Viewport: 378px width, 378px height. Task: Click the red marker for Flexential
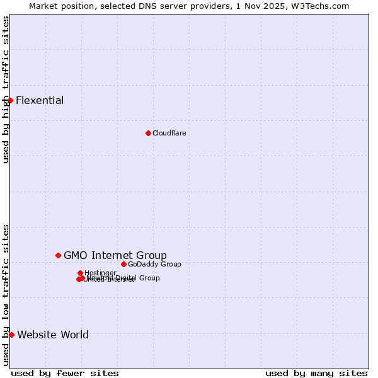10,100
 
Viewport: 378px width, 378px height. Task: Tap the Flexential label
40,101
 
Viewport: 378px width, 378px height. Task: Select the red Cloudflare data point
148,133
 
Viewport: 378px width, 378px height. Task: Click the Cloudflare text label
169,133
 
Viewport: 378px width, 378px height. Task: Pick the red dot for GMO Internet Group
58,255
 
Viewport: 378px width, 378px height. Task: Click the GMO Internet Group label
115,255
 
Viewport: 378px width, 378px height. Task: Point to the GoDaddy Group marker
123,264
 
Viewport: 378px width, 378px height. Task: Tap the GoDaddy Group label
154,264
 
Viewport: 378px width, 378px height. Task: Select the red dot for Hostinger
80,273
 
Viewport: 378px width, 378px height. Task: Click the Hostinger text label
100,273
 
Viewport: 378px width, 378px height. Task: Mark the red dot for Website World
11,335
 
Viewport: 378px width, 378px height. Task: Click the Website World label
53,335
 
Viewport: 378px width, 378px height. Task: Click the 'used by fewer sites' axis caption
65,373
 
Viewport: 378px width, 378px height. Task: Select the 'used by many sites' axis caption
316,373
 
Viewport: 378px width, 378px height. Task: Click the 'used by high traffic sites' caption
6,89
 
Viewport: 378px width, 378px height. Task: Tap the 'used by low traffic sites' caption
6,294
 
